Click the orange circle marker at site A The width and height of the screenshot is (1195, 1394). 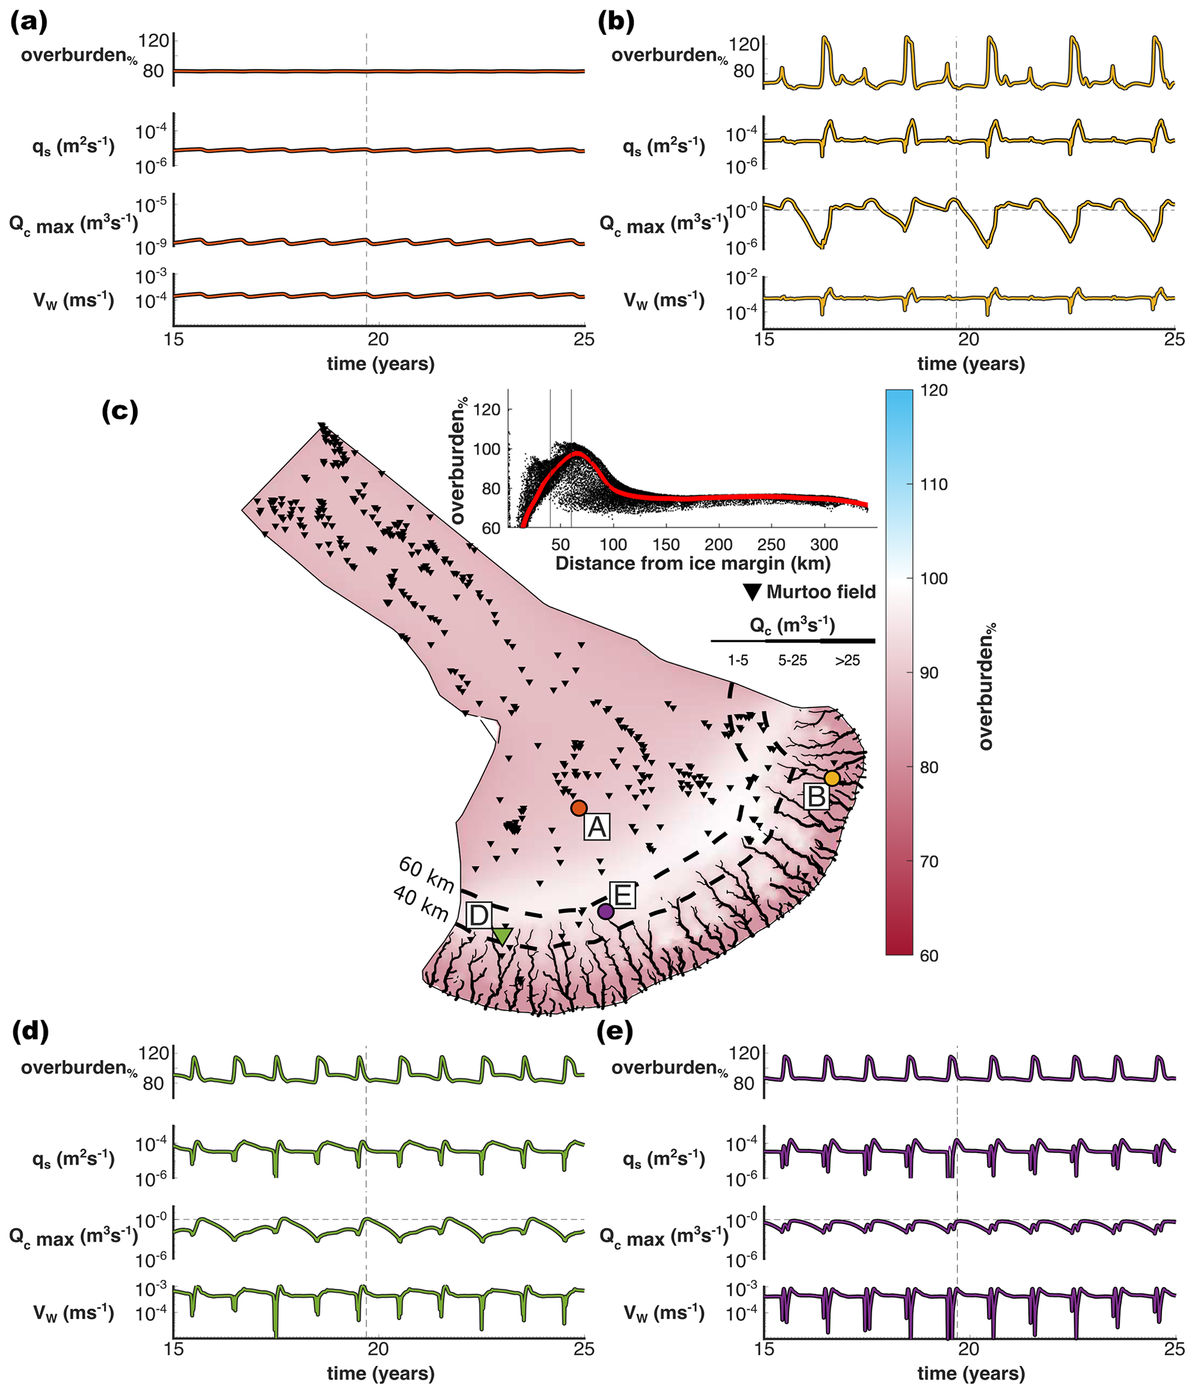579,808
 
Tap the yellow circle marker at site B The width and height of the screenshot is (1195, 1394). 833,778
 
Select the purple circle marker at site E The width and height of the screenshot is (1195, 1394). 605,911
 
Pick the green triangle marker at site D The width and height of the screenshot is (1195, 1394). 502,936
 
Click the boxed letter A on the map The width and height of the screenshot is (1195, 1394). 597,828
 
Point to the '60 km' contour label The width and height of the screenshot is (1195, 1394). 427,874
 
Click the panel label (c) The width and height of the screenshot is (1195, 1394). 120,410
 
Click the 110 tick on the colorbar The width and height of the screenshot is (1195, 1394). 933,484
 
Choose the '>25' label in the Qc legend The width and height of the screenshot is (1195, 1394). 847,661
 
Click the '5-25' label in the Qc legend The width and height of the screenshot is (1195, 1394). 793,661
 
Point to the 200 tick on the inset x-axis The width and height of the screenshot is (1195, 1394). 719,544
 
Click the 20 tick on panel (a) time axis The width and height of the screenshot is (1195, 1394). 378,339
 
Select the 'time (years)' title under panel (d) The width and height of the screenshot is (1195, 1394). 381,1373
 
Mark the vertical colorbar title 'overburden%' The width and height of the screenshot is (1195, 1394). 986,686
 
